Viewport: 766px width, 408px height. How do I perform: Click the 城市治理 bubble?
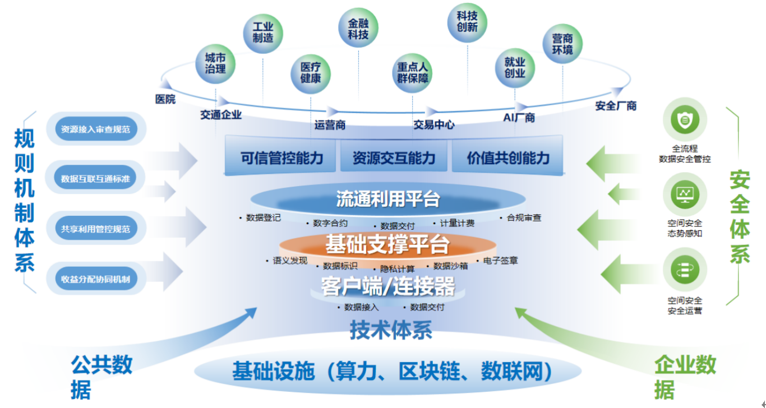pyautogui.click(x=215, y=63)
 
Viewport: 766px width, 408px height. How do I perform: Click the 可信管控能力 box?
pyautogui.click(x=282, y=158)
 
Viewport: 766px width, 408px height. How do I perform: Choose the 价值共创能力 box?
pyautogui.click(x=508, y=158)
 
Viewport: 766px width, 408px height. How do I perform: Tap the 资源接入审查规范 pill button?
pyautogui.click(x=96, y=129)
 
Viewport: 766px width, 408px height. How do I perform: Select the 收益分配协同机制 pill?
pyautogui.click(x=96, y=278)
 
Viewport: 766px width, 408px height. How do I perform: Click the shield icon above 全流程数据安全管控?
pyautogui.click(x=685, y=119)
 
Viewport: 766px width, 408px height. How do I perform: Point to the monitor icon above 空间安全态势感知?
pyautogui.click(x=685, y=194)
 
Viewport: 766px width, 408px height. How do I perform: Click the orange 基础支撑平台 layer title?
pyautogui.click(x=387, y=245)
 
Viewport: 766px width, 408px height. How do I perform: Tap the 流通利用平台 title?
pyautogui.click(x=387, y=199)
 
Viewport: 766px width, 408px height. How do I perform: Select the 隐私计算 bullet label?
pyautogui.click(x=397, y=269)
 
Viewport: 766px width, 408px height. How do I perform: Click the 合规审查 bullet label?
pyautogui.click(x=524, y=217)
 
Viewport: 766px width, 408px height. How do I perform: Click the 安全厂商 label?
pyautogui.click(x=616, y=105)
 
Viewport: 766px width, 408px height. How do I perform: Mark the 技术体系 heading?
pyautogui.click(x=391, y=330)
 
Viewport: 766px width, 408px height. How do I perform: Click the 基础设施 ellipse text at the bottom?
pyautogui.click(x=392, y=372)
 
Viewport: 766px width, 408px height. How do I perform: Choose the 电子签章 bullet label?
pyautogui.click(x=500, y=260)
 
